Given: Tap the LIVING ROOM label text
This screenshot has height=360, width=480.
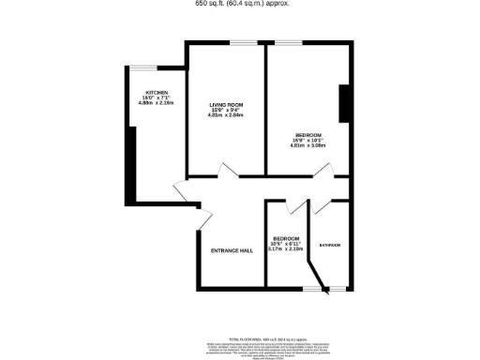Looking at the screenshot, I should pos(226,104).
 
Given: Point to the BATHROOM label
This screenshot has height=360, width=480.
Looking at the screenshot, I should pos(329,245).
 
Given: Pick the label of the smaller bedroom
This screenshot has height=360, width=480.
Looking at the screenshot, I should pos(286,238).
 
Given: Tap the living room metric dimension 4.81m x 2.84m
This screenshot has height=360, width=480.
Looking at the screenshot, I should pos(226,115).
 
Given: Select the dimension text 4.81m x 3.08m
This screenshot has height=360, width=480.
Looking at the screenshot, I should pos(309,146).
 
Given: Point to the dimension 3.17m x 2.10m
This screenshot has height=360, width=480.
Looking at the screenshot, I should pos(286,249).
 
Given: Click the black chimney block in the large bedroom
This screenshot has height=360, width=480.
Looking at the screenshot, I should pos(344,103).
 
